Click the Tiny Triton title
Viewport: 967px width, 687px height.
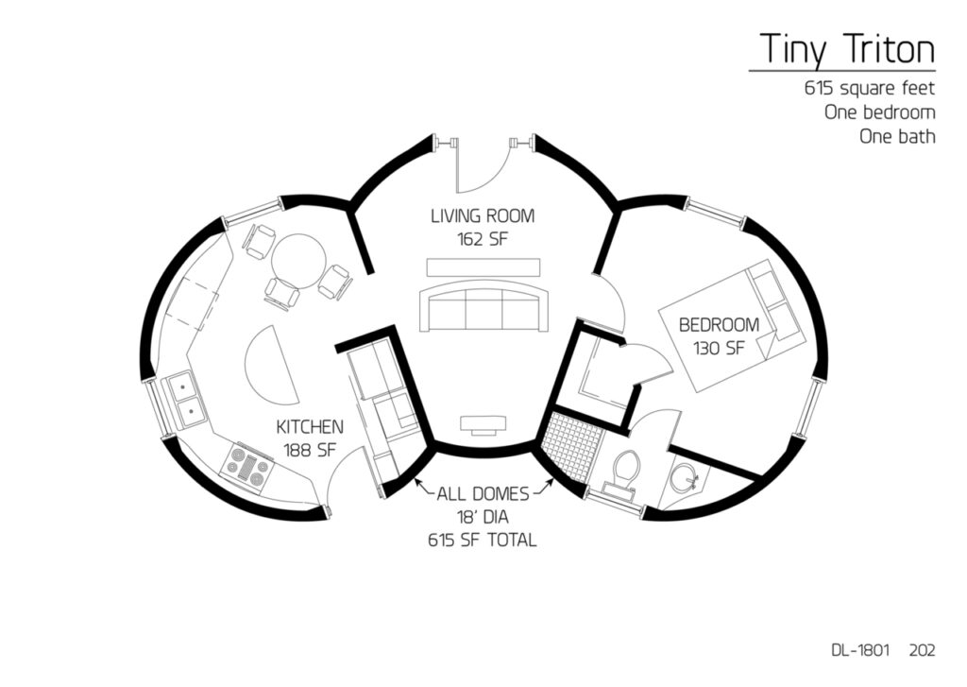(x=847, y=49)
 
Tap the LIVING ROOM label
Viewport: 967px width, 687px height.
(x=483, y=216)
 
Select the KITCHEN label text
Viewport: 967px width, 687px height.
(x=310, y=426)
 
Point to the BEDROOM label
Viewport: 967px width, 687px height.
(x=719, y=325)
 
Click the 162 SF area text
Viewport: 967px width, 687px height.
(x=483, y=239)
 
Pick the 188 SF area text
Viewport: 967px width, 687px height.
(x=310, y=450)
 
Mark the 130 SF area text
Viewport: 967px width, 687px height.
(x=719, y=348)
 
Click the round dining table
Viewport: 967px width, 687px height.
(x=298, y=260)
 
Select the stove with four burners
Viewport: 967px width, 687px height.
(x=248, y=467)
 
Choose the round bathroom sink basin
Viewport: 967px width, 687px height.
(x=685, y=476)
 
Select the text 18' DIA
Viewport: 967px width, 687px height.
(x=483, y=517)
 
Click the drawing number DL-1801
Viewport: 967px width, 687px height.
(x=860, y=650)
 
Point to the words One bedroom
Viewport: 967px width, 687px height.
(x=880, y=112)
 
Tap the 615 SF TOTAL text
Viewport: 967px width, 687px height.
(x=483, y=541)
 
